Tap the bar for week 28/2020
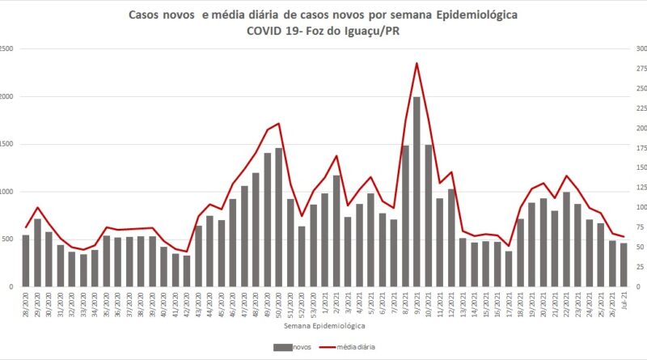26,260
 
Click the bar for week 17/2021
509,269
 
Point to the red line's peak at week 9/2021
417,63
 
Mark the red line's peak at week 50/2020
279,124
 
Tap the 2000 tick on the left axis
6,96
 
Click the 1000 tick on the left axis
6,192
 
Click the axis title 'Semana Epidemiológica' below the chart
323,325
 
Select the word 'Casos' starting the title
148,15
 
